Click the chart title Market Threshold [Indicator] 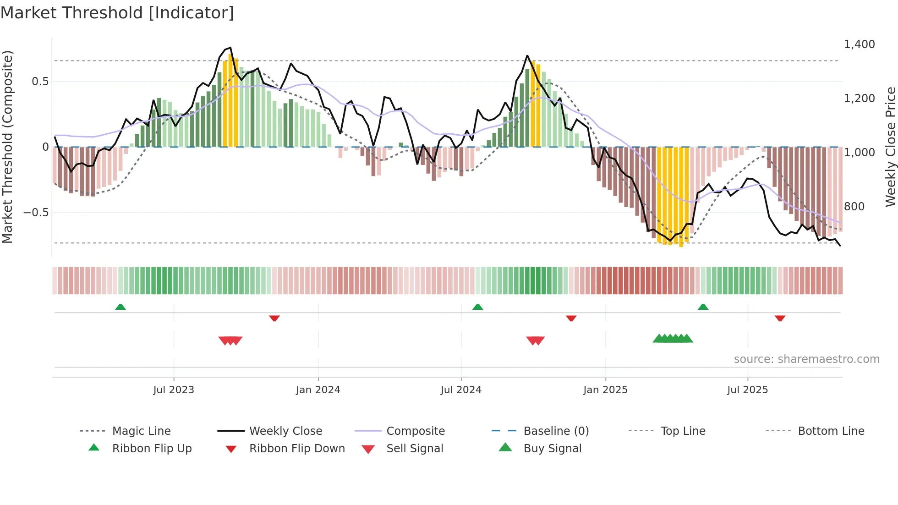[117, 13]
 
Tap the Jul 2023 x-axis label [174, 390]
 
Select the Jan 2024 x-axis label [318, 390]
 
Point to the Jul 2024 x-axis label [461, 390]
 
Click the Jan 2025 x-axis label [605, 390]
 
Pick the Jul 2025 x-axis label [747, 390]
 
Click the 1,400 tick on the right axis [859, 44]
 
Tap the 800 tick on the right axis [854, 207]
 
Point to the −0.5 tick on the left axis [36, 213]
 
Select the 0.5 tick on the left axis [40, 82]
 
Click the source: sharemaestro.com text [806, 359]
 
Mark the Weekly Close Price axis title [890, 147]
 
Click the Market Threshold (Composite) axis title [7, 147]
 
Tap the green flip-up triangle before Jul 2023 [120, 307]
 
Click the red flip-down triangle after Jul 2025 [780, 318]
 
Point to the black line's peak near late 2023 [230, 48]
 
